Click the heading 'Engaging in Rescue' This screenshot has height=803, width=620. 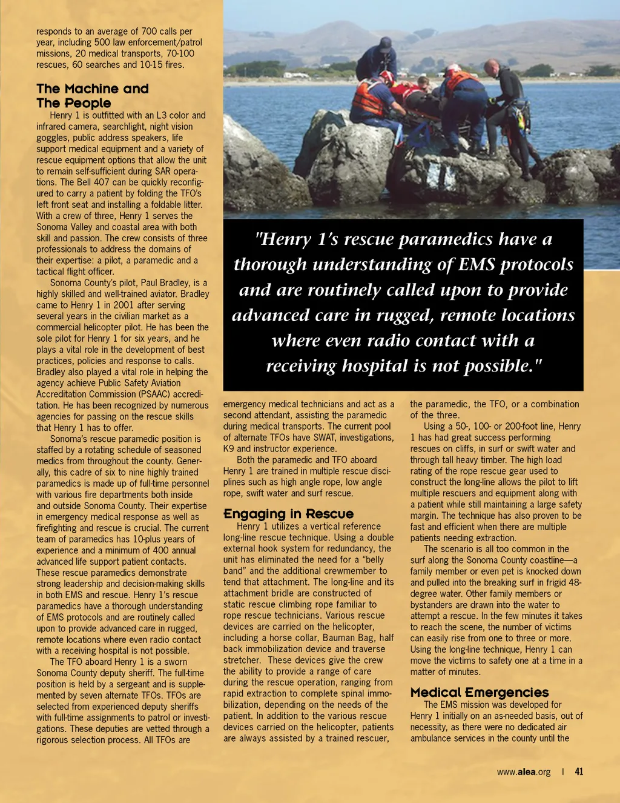click(x=288, y=514)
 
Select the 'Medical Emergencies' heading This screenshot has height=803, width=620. click(x=479, y=692)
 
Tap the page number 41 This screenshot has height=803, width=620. click(x=579, y=771)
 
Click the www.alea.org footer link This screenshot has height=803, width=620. click(x=523, y=772)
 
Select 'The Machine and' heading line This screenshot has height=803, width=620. click(x=92, y=89)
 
